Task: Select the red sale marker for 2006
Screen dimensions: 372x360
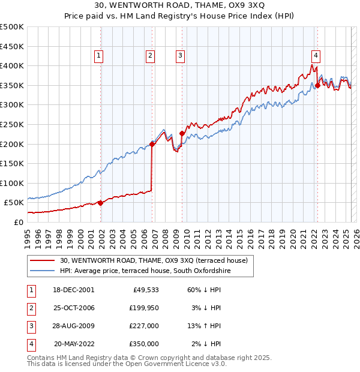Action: (x=152, y=144)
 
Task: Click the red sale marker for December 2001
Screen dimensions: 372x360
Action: (x=100, y=203)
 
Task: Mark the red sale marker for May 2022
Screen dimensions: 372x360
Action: (x=317, y=85)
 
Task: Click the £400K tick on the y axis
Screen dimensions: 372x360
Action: (x=12, y=65)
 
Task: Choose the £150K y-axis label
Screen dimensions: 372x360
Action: (x=12, y=163)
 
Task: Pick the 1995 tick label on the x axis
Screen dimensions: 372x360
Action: (x=28, y=237)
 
